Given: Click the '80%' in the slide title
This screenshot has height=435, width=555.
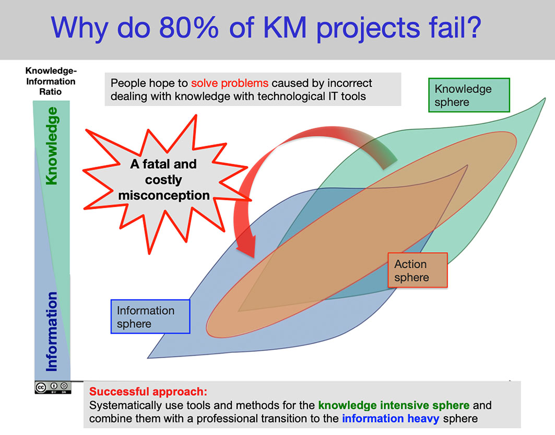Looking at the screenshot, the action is pos(188,27).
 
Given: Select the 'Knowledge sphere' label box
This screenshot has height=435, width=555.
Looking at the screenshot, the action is pos(469,95).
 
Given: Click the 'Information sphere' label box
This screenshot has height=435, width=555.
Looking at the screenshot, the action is pos(150,317).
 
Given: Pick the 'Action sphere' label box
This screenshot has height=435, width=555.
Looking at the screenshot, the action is pos(418,270).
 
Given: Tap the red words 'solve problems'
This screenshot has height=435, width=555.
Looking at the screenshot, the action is pos(230,83).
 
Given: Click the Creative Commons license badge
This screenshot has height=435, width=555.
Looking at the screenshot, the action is pos(53,387).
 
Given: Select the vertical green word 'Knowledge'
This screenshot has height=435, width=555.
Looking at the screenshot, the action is pos(52,146).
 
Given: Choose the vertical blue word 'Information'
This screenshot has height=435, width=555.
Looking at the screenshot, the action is pos(52,331).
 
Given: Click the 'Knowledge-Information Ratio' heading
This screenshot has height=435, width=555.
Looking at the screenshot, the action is pos(51,81).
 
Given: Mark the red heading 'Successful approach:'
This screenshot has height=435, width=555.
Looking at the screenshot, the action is pos(148,392).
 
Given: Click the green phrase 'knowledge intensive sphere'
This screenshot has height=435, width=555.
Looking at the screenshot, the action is pos(394,405).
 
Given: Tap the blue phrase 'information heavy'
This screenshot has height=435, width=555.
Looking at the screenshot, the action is pos(391,418).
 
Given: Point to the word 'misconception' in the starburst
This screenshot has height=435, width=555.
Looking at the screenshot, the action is pos(164,196).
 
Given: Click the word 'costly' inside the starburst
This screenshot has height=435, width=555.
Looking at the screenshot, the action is pos(163,180).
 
